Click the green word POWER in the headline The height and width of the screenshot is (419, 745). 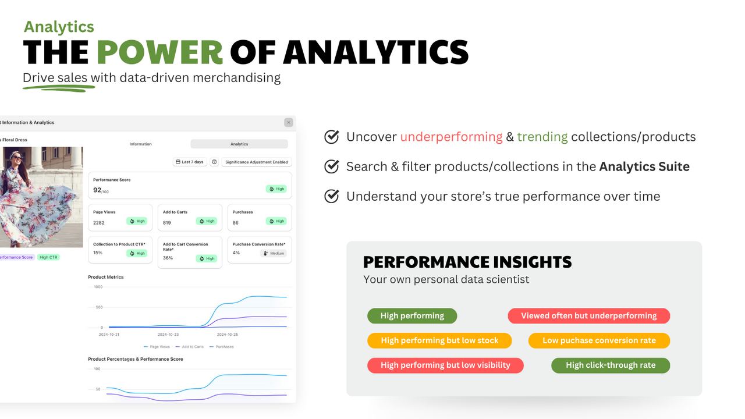[159, 52]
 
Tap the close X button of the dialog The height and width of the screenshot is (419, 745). [288, 122]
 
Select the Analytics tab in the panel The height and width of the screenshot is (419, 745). [239, 144]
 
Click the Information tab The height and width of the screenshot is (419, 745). [140, 144]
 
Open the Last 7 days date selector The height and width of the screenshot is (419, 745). [190, 162]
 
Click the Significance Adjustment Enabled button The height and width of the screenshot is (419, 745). [257, 162]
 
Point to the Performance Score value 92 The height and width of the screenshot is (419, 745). [97, 190]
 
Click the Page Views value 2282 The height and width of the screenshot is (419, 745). [99, 223]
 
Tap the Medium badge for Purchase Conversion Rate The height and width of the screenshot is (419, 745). [274, 253]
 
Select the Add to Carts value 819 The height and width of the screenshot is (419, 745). [167, 223]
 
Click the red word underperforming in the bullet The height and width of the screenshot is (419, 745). [451, 137]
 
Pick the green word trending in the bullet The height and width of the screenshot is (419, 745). [542, 137]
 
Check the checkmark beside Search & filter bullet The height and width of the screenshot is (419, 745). [332, 166]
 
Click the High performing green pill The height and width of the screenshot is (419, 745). [412, 316]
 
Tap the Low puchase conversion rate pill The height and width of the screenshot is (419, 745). [599, 340]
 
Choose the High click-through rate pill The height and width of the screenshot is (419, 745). [611, 365]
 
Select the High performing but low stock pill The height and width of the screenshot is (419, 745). [439, 340]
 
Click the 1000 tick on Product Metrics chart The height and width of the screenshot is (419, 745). [98, 287]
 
